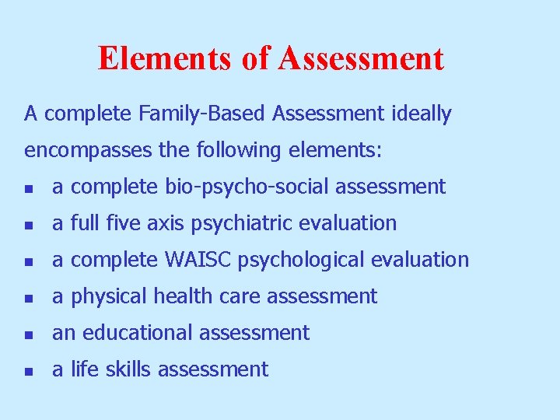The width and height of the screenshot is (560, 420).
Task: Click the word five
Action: coord(126,223)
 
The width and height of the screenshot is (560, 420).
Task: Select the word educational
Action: coord(134,333)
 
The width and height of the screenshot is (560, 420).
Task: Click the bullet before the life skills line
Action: coord(29,371)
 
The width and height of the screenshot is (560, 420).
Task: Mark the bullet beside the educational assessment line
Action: coord(29,334)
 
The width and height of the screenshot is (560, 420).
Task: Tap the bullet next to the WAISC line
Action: coord(29,261)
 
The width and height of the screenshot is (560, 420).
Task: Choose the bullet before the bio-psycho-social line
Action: coord(29,188)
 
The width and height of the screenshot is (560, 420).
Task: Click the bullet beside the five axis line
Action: coord(29,225)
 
